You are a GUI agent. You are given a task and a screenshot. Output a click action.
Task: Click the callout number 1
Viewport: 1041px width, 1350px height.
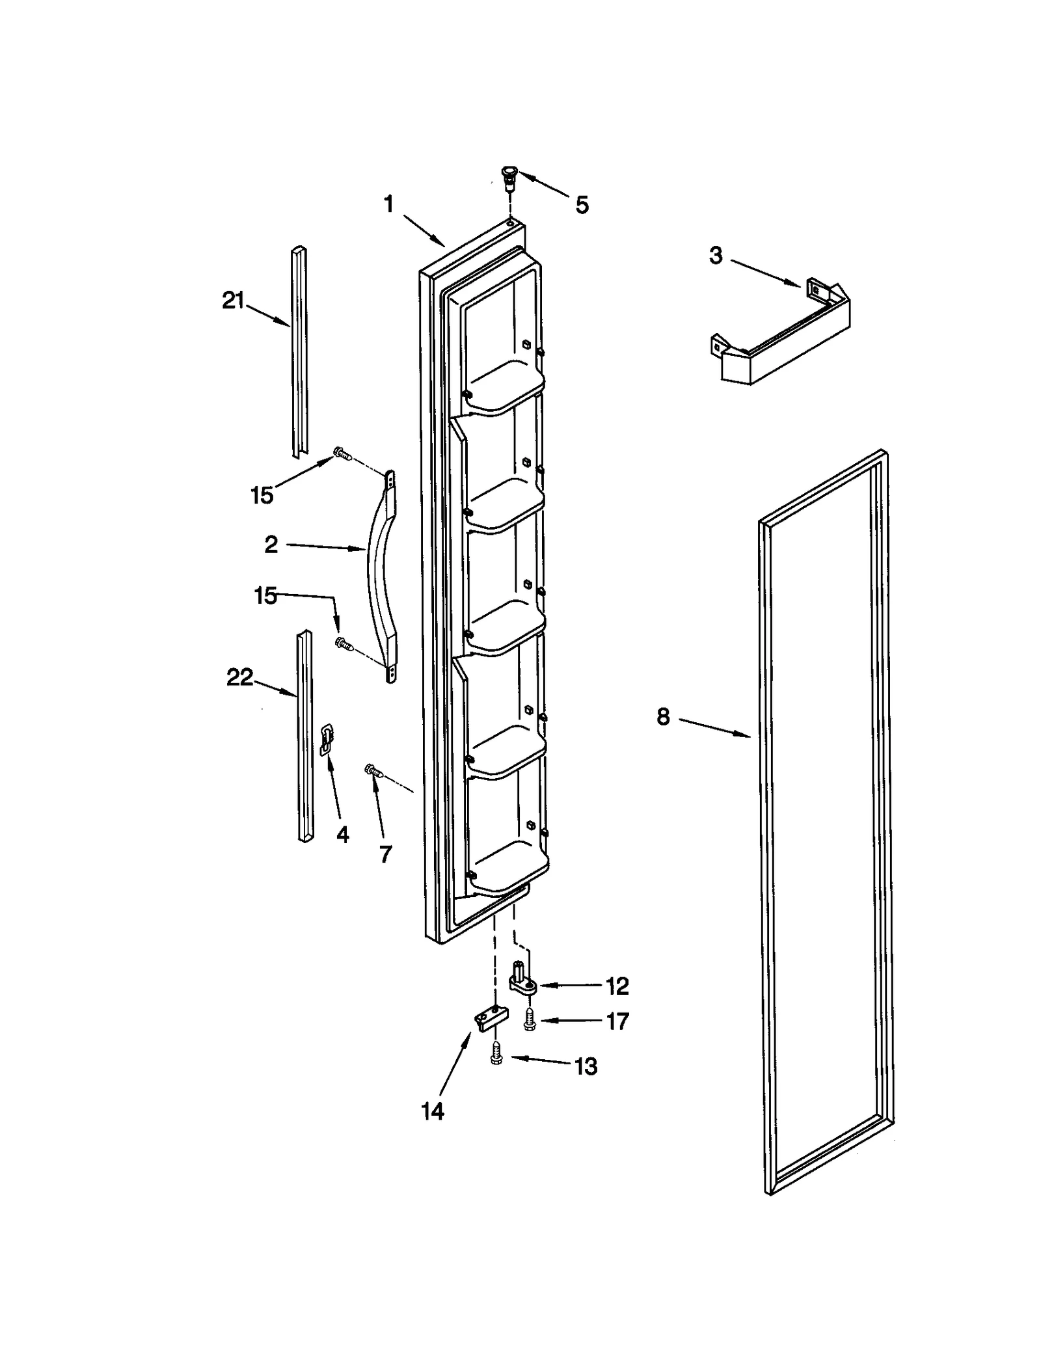(x=388, y=205)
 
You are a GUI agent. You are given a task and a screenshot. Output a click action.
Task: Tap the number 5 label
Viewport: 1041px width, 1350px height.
(x=582, y=205)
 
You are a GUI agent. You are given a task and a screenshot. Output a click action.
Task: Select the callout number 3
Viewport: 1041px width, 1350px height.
(x=716, y=256)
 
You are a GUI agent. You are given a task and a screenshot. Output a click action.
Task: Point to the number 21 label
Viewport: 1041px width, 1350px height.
(x=233, y=301)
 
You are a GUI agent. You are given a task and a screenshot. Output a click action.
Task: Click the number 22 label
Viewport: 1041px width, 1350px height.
(x=239, y=678)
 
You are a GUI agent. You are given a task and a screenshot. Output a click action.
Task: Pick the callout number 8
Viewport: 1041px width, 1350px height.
(x=662, y=717)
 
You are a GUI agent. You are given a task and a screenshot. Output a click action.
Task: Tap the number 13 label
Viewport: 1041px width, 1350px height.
(x=586, y=1066)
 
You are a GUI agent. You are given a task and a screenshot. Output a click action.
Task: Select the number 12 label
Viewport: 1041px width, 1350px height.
(x=617, y=986)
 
